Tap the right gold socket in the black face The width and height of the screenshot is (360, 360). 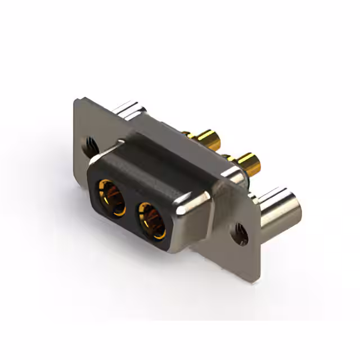click(152, 220)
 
